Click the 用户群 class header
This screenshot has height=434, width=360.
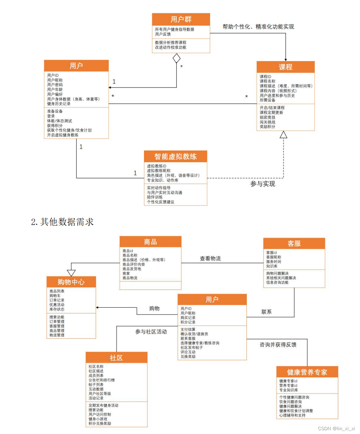[181, 19]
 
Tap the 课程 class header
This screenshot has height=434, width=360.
[285, 67]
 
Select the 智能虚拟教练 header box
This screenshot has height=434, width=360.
[175, 156]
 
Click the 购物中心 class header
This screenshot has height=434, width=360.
[71, 282]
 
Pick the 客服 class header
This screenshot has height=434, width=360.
[294, 243]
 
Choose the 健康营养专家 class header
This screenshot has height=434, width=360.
[307, 372]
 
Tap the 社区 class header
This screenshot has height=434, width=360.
[116, 358]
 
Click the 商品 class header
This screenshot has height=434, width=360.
[150, 242]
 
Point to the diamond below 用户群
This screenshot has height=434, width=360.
[176, 58]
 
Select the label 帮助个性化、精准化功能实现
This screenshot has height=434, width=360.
[258, 27]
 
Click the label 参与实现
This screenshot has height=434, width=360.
[262, 184]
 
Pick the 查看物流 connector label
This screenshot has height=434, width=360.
[210, 258]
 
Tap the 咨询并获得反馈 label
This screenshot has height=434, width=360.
[278, 345]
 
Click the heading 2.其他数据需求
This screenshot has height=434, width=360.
[62, 222]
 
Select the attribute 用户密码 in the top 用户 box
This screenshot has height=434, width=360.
[55, 85]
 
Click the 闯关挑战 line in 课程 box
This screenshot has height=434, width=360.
[268, 122]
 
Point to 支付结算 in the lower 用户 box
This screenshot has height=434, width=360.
[188, 330]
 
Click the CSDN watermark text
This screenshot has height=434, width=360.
[336, 428]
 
